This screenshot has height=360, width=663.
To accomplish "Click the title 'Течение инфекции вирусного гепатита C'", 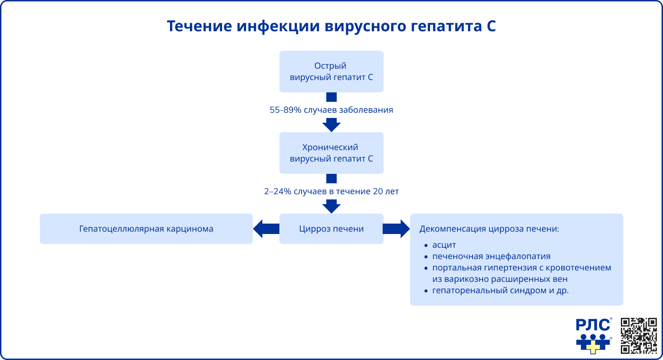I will (331, 26).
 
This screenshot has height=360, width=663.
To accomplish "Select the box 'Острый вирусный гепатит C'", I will (331, 72).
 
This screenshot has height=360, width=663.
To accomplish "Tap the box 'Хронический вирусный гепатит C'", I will (331, 153).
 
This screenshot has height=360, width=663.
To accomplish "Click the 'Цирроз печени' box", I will (331, 229).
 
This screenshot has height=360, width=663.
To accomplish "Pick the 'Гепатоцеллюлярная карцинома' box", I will (146, 229).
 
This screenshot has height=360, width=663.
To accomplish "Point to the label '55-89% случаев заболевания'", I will (331, 110).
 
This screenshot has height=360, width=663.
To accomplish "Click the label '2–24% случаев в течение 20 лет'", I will (331, 191).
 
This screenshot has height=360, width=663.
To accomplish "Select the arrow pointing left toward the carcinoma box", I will (266, 229).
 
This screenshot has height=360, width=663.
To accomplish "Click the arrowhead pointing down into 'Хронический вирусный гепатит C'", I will (331, 125).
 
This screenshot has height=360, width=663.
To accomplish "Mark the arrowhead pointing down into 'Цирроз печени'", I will (331, 207).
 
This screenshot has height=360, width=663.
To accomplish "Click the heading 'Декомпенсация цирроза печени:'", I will (490, 229).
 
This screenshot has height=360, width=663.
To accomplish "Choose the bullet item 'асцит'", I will (444, 245).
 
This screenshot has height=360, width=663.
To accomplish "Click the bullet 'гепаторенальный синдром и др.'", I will (500, 290).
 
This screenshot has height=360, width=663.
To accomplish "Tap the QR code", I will (639, 335).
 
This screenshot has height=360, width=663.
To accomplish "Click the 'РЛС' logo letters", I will (592, 325).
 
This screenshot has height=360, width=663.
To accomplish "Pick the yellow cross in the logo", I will (593, 347).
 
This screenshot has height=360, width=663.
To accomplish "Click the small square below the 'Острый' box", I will (331, 97).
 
